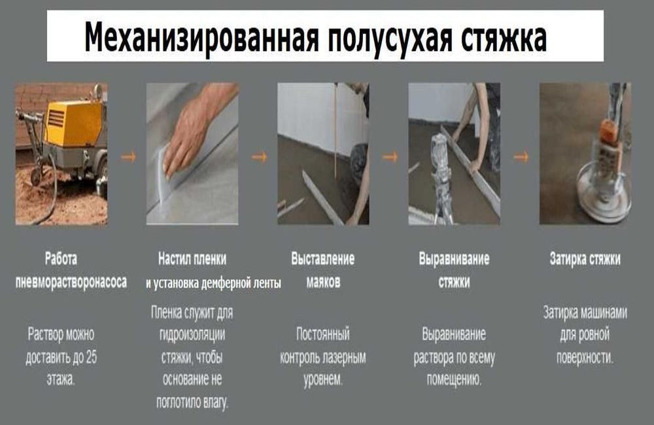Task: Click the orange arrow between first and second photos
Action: click(x=128, y=157)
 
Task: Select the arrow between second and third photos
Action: click(x=259, y=157)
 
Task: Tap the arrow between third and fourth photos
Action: click(x=390, y=157)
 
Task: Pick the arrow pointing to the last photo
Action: click(x=521, y=157)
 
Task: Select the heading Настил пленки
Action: click(x=192, y=259)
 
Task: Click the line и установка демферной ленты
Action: click(x=213, y=284)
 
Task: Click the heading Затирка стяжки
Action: click(x=585, y=259)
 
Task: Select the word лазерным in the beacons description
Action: click(x=345, y=357)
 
